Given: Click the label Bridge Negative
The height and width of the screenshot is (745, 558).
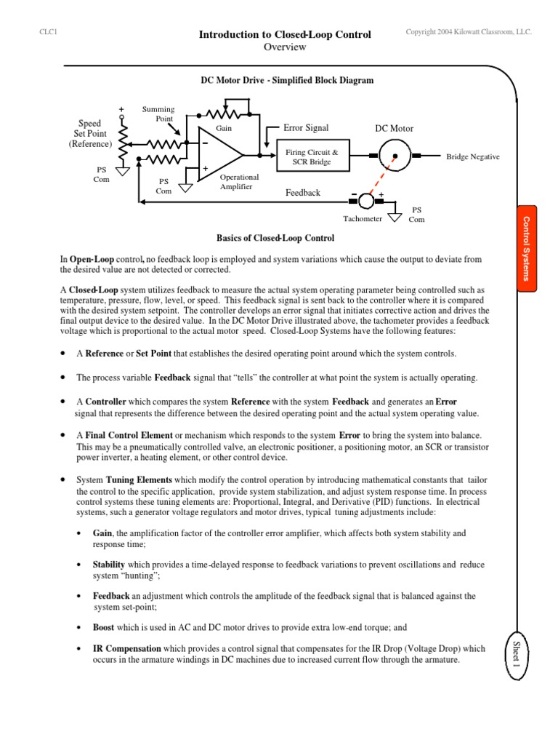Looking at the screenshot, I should [472, 156].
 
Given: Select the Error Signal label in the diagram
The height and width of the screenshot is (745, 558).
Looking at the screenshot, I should [306, 128].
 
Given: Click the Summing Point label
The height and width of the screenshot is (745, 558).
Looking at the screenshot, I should [158, 113].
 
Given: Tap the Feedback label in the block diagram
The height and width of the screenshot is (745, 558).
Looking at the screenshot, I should [303, 193].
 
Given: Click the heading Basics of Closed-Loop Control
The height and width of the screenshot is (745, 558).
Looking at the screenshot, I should [275, 238].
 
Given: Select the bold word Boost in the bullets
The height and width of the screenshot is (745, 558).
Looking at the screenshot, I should [104, 626].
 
